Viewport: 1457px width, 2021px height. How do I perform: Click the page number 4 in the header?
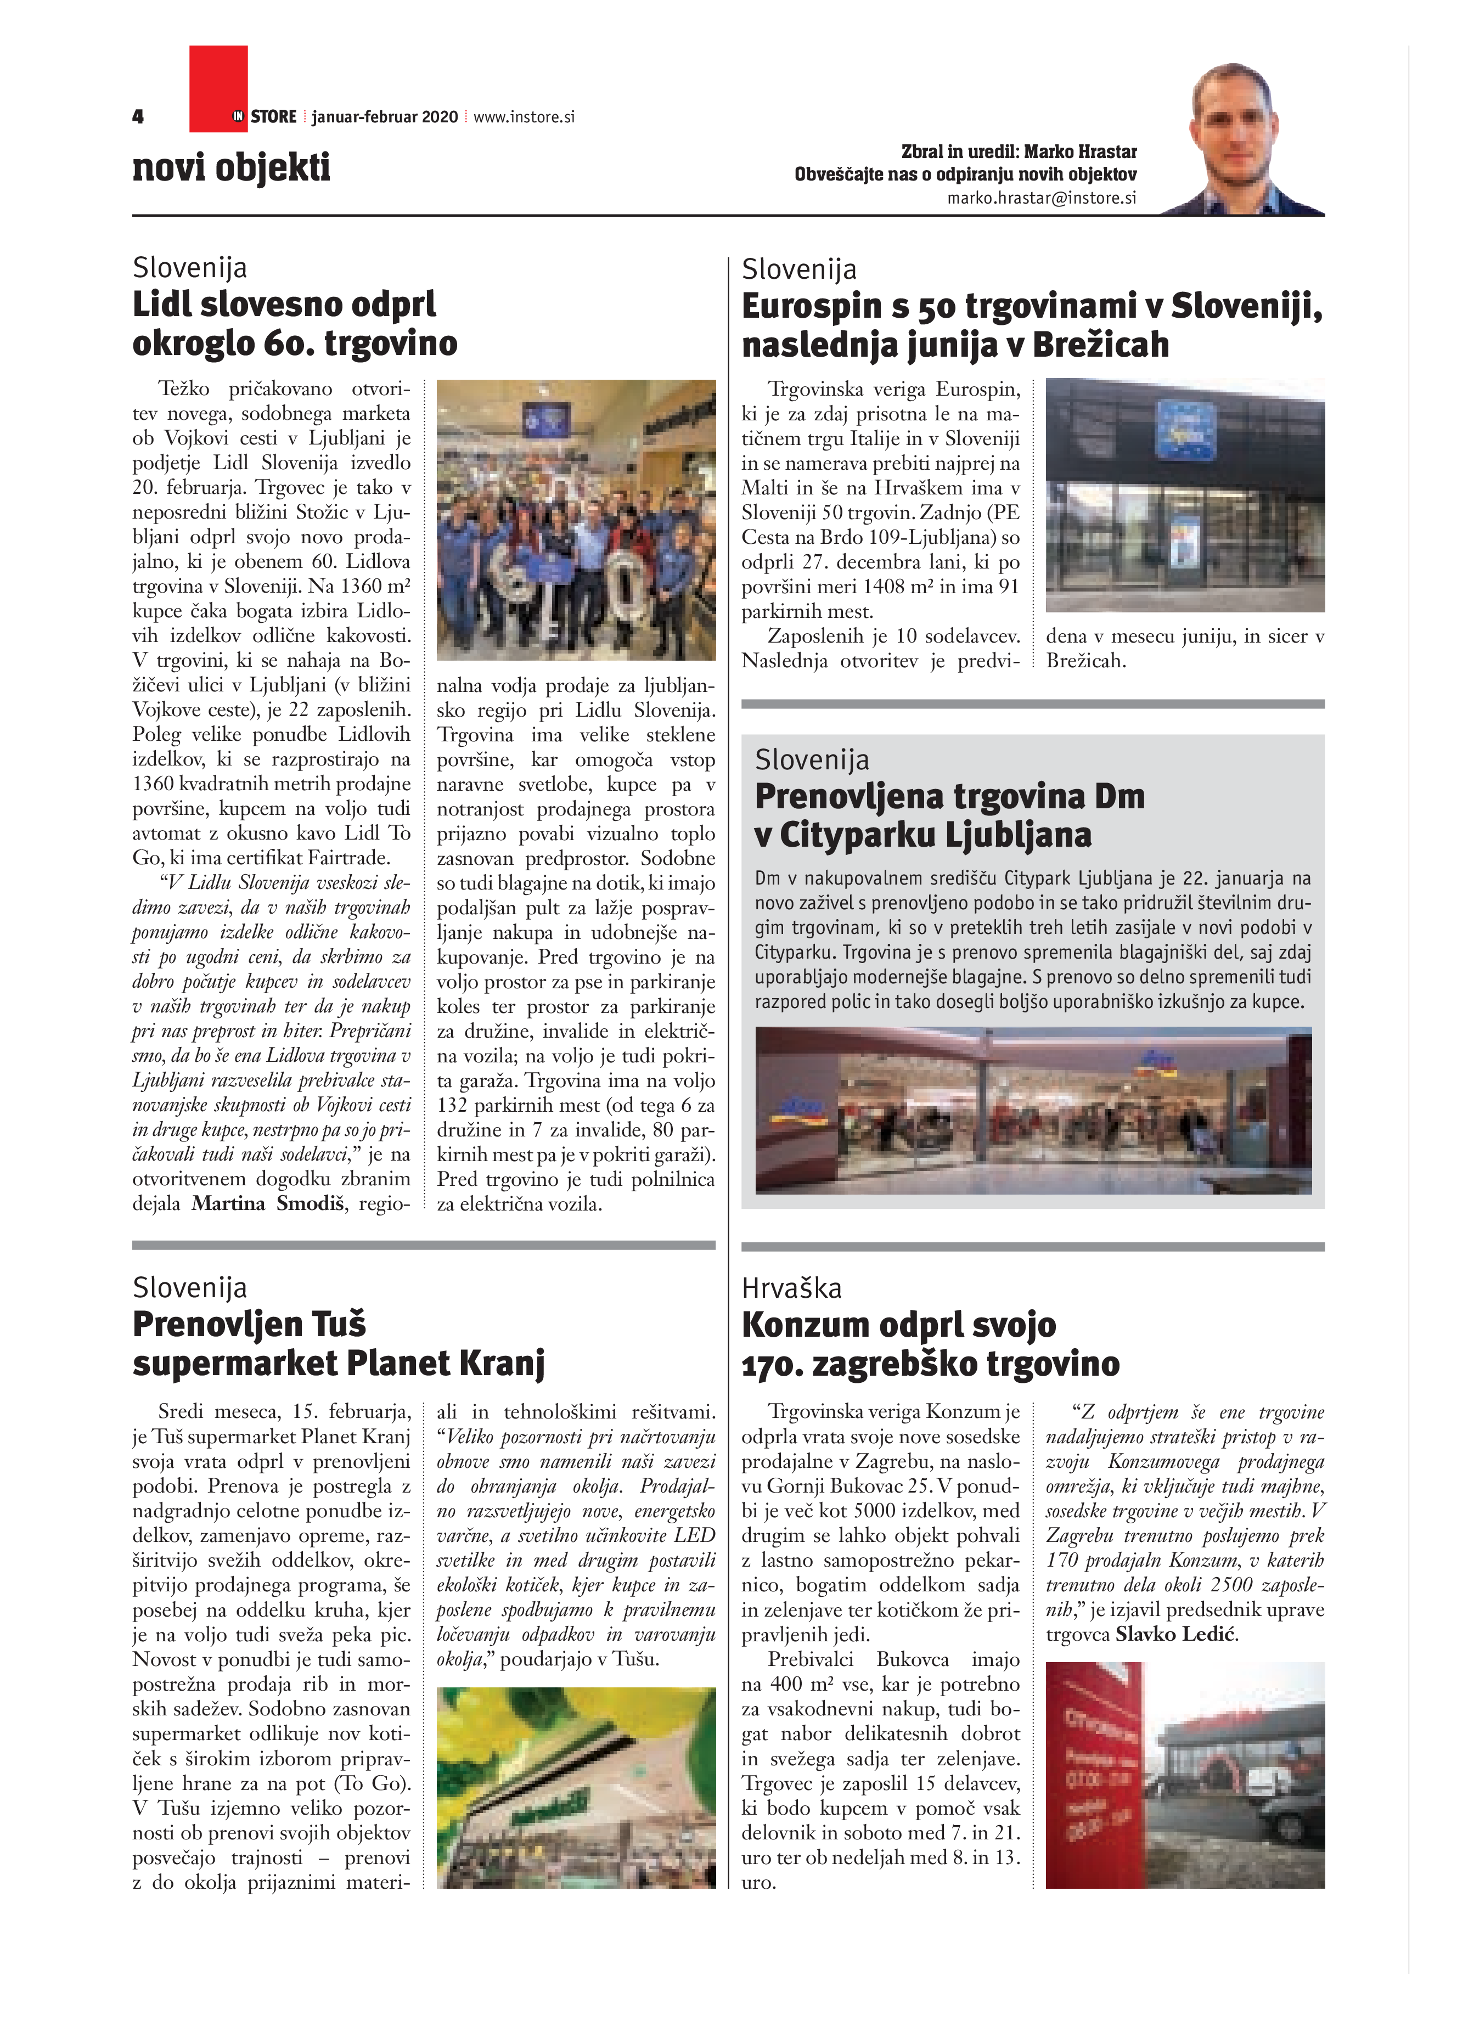click(x=138, y=117)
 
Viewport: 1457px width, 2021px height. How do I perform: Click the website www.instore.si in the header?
click(x=524, y=117)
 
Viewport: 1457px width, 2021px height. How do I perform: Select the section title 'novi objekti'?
click(x=231, y=167)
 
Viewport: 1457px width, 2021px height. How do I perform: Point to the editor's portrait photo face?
click(x=1234, y=116)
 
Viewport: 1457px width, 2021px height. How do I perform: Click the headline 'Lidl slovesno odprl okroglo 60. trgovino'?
click(x=294, y=323)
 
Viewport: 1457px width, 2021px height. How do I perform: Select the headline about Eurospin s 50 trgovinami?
click(x=1031, y=325)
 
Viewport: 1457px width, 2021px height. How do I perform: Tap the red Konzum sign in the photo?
click(x=1098, y=1774)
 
